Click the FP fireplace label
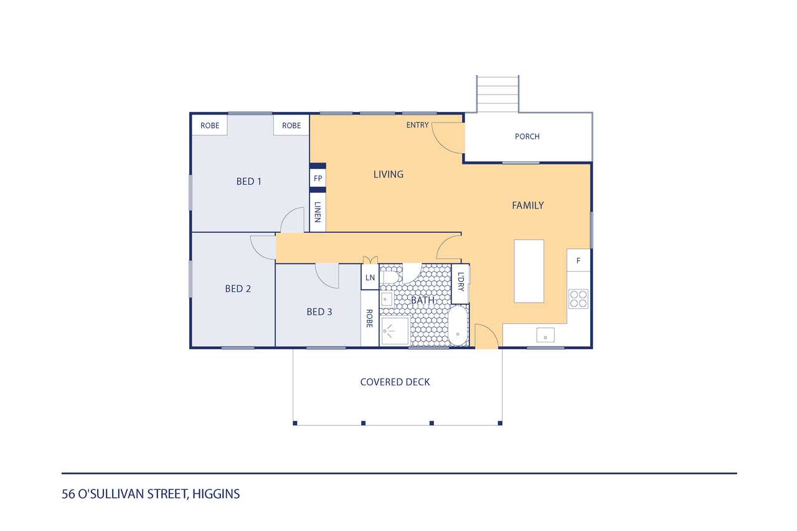(x=318, y=179)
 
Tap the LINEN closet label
(x=318, y=212)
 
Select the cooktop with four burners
(x=578, y=299)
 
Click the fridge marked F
(x=578, y=260)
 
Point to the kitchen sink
(x=545, y=335)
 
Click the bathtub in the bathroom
(x=458, y=326)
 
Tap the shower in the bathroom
(x=395, y=331)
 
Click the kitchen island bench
(x=529, y=271)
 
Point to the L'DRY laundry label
(x=461, y=282)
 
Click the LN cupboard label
(x=370, y=278)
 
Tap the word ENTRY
(x=417, y=125)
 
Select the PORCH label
(x=527, y=136)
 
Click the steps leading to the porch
(x=498, y=94)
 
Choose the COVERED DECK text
(x=395, y=382)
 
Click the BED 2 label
(x=238, y=289)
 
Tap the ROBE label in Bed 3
(x=369, y=318)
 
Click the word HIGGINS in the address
(x=216, y=494)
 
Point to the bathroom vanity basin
(x=387, y=299)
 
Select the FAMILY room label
(x=527, y=205)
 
